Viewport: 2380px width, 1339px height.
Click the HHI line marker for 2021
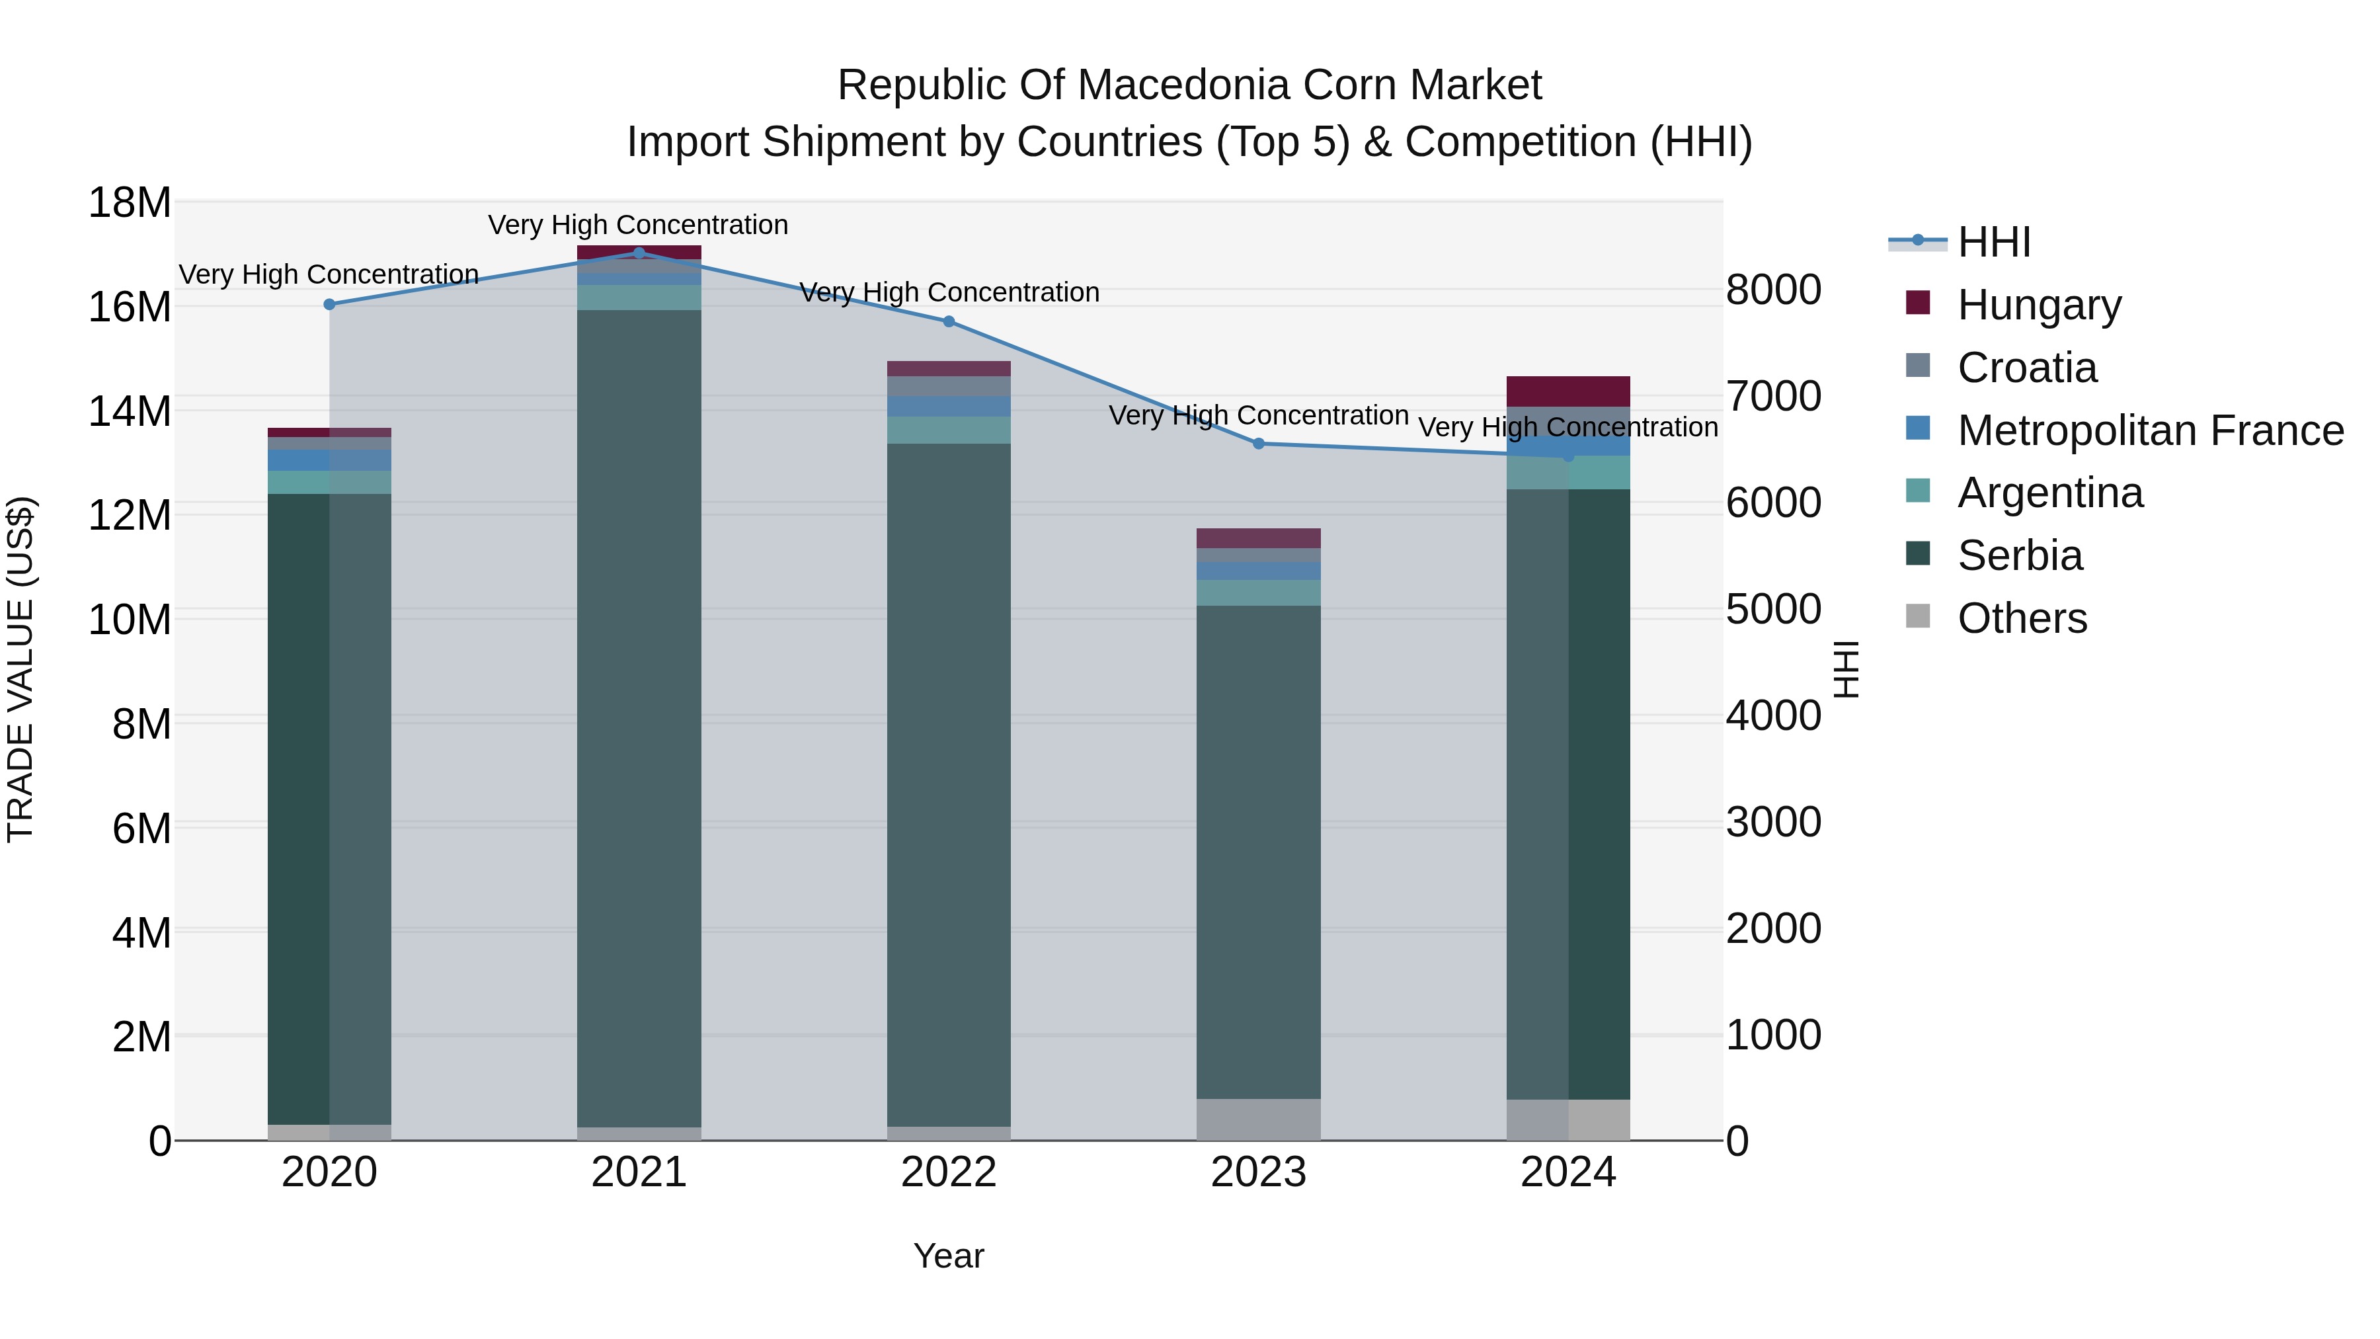639,253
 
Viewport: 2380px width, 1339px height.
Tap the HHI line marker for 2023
1258,444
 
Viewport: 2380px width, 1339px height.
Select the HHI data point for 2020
329,304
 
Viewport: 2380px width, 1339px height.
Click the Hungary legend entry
2038,305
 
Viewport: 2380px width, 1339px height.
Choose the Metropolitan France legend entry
2149,430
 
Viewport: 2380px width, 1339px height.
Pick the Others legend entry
2022,618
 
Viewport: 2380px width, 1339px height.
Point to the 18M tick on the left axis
130,202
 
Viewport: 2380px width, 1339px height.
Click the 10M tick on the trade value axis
130,619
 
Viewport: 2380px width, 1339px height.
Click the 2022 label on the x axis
948,1172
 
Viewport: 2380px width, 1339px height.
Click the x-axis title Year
948,1256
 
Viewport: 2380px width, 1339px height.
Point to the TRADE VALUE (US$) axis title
21,669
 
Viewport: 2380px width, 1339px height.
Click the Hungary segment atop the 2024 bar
1568,391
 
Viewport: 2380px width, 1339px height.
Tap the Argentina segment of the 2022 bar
948,430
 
